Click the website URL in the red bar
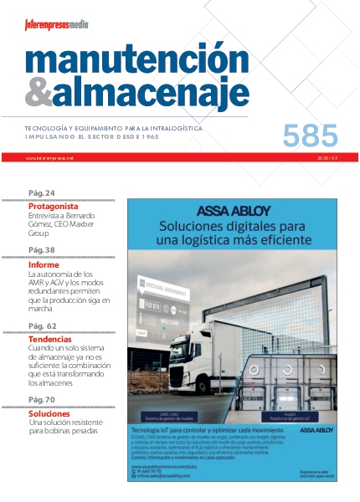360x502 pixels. pyautogui.click(x=44, y=157)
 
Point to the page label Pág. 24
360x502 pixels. pyautogui.click(x=42, y=192)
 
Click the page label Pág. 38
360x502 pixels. pyautogui.click(x=42, y=250)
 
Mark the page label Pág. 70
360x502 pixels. pyautogui.click(x=42, y=400)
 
